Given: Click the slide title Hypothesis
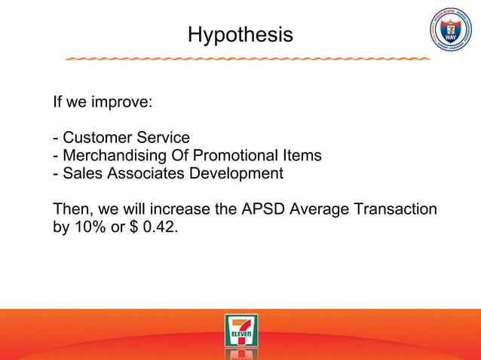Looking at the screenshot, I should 240,35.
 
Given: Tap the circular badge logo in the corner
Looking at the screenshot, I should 450,31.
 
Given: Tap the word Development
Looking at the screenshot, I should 240,174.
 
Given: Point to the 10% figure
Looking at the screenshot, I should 90,227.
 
